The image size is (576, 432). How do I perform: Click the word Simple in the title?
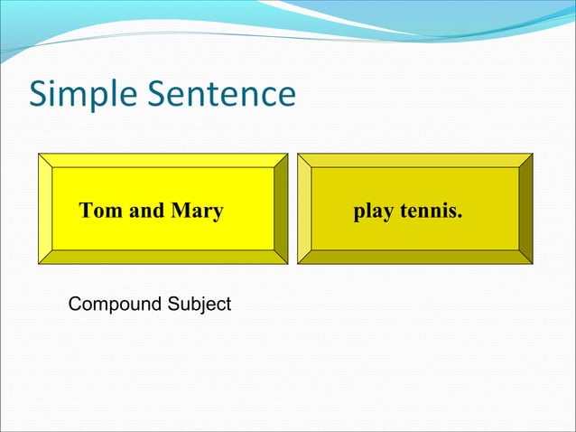click(x=84, y=95)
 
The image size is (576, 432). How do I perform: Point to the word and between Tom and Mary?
click(x=145, y=211)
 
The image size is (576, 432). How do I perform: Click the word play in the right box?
click(x=372, y=211)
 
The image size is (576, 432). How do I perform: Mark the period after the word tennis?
click(x=460, y=217)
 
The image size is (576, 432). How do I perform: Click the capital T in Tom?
click(x=86, y=211)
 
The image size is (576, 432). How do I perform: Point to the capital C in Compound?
click(x=75, y=305)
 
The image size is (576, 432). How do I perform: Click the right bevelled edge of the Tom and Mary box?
click(x=281, y=209)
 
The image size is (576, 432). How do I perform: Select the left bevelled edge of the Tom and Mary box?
click(x=45, y=209)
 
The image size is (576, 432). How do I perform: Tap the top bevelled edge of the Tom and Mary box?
click(x=163, y=160)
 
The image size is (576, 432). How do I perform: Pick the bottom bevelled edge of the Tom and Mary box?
click(x=163, y=257)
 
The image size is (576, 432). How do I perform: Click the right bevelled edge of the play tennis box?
click(x=525, y=209)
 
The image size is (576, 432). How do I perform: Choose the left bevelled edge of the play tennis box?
click(x=304, y=209)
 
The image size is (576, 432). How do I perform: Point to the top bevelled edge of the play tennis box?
click(x=415, y=160)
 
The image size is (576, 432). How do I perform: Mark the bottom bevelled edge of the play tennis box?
click(x=415, y=257)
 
